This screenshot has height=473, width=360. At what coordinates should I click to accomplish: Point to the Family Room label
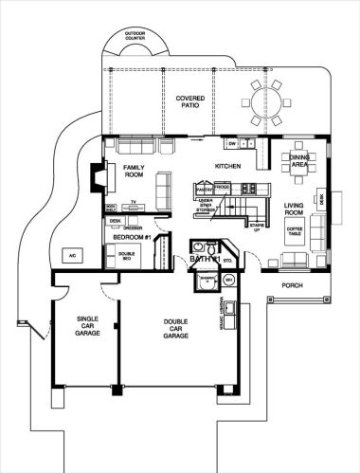coord(134,172)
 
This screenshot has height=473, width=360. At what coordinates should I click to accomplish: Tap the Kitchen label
coord(228,166)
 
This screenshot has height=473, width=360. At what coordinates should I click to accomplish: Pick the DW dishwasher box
coord(231,143)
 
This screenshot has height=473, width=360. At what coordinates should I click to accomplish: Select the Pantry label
coord(202,189)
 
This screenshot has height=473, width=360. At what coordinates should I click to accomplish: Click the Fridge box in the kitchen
coord(222,189)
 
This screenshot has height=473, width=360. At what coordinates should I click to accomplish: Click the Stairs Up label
coord(255,227)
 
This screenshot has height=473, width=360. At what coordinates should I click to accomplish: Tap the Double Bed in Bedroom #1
coord(126,254)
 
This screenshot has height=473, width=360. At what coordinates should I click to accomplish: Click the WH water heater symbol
coord(228,280)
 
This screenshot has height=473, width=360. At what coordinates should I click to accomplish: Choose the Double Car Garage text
coord(175,331)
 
